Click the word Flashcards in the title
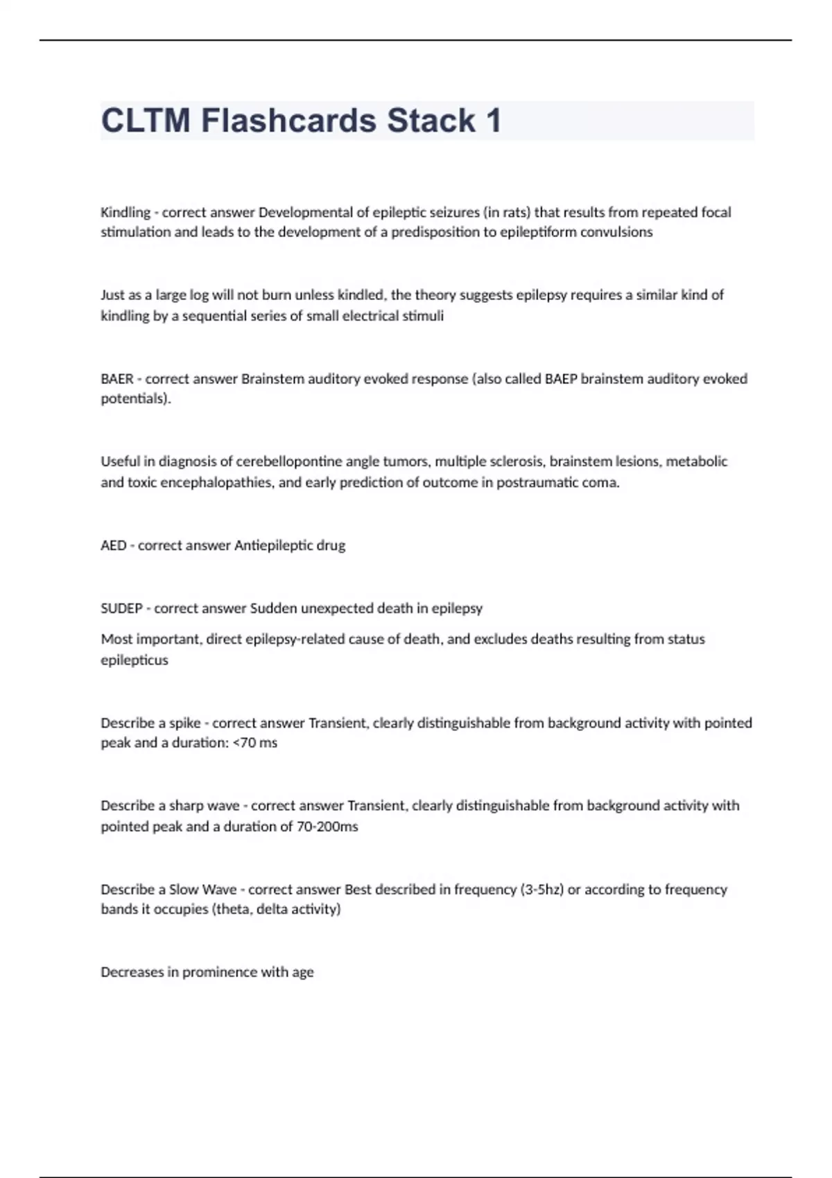pyautogui.click(x=288, y=121)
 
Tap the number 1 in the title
pyautogui.click(x=493, y=121)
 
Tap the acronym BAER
pyautogui.click(x=117, y=379)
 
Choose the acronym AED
pyautogui.click(x=114, y=545)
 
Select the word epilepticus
pyautogui.click(x=135, y=660)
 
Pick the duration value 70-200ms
pyautogui.click(x=327, y=827)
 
